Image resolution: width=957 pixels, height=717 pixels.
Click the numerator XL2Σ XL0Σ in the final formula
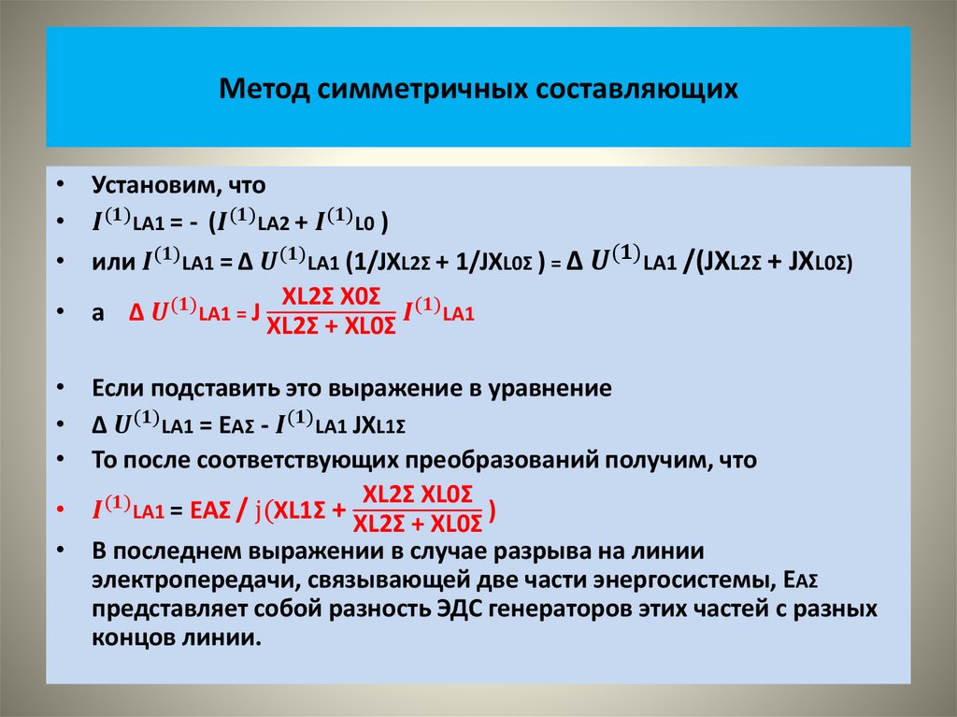tap(418, 495)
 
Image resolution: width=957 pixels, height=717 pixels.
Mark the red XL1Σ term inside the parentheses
tap(299, 510)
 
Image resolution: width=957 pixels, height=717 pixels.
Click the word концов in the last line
tap(129, 639)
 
